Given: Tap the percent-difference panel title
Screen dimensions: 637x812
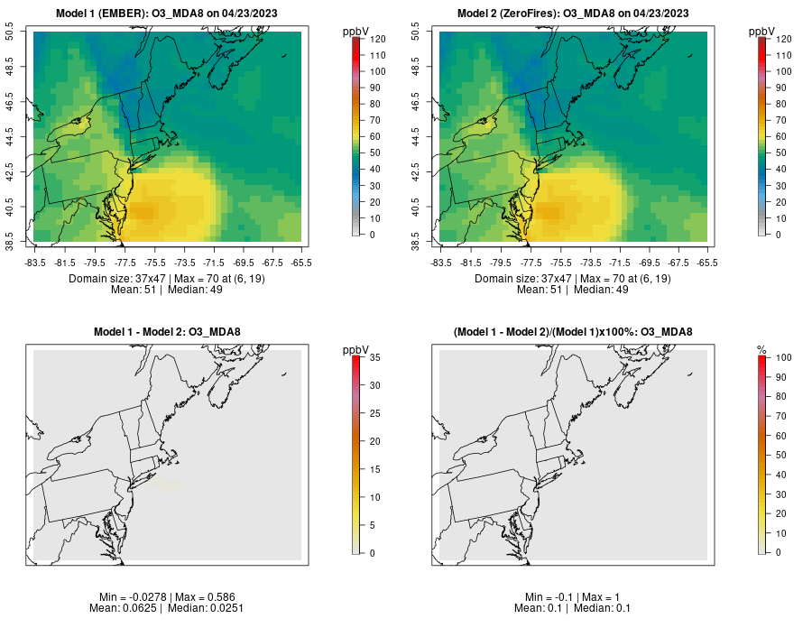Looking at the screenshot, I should (x=574, y=332).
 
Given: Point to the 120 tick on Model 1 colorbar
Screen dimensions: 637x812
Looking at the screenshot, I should (x=377, y=39).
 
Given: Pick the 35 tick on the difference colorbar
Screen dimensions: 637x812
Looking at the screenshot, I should (x=374, y=357).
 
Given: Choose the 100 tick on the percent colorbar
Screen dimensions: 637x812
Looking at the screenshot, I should (x=784, y=357).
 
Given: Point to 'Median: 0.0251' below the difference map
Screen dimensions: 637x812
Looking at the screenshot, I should (x=208, y=608).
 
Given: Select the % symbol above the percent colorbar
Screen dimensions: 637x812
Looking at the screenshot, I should (x=761, y=349).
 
